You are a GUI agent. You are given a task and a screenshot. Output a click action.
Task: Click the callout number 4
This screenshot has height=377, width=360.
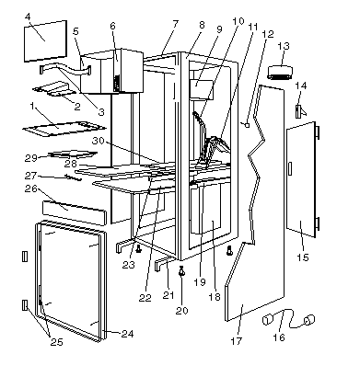click(x=28, y=17)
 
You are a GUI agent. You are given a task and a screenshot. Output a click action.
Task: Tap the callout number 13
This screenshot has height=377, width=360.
click(x=284, y=46)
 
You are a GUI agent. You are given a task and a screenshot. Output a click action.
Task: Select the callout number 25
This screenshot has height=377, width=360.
click(x=57, y=342)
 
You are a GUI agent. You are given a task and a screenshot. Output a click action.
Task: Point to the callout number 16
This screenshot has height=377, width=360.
click(x=279, y=337)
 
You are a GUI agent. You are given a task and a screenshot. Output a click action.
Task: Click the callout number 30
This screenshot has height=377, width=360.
click(x=99, y=141)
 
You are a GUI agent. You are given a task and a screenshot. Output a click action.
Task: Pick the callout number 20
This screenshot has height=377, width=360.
click(x=181, y=311)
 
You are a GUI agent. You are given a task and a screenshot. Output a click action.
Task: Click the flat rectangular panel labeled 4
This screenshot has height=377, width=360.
click(x=45, y=41)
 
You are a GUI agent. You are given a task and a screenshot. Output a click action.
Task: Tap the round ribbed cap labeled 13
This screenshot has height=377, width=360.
click(x=280, y=72)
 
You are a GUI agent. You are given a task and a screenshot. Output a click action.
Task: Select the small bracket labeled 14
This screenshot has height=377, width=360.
click(x=300, y=111)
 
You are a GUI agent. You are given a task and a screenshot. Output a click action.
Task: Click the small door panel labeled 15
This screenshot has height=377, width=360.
click(x=302, y=179)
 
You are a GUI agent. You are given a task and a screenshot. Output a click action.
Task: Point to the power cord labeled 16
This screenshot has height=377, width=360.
click(x=288, y=320)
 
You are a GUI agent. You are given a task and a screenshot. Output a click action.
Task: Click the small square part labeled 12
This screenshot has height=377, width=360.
click(x=248, y=125)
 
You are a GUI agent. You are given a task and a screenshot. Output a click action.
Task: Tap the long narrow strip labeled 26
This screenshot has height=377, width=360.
click(x=75, y=212)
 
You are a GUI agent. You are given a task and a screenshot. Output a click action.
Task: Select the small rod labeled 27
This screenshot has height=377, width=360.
click(x=74, y=177)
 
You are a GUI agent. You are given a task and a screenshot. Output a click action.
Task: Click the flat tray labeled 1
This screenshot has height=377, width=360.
click(x=64, y=129)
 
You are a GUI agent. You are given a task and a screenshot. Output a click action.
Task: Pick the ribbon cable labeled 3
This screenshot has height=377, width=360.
click(x=65, y=70)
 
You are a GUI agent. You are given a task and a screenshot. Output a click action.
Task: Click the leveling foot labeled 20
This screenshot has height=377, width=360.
click(x=181, y=270)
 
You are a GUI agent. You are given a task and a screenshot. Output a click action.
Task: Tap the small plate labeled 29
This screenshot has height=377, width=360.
click(x=73, y=154)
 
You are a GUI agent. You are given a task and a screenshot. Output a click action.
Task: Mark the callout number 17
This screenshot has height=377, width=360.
click(x=237, y=341)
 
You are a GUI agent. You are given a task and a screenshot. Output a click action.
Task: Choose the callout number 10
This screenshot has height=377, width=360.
click(x=238, y=21)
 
